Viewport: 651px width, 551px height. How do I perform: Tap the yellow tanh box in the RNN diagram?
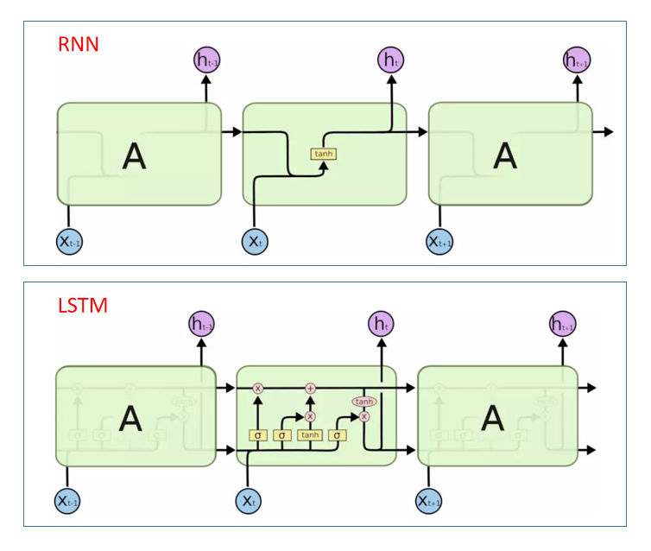pos(324,154)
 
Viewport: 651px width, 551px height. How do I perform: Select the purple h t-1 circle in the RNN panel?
pos(206,60)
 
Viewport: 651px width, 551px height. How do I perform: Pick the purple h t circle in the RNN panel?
pos(391,60)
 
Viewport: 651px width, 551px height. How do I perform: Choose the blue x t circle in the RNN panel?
pos(255,242)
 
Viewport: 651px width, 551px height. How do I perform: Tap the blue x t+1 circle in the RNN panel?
pos(440,242)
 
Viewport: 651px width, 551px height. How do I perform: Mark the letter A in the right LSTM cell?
pos(492,419)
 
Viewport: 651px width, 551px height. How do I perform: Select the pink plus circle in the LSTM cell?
pos(311,389)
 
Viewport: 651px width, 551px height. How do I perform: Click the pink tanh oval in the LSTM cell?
pos(363,402)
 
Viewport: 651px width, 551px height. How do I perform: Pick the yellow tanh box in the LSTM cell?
pos(310,435)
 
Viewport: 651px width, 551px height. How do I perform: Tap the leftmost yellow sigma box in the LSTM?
pos(256,435)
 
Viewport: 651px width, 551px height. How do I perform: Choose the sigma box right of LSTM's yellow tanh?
pos(338,435)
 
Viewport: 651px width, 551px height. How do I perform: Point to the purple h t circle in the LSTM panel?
pos(380,325)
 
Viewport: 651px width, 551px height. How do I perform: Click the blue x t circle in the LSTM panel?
pos(249,501)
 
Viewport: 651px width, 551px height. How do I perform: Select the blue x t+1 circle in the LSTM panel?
pos(429,501)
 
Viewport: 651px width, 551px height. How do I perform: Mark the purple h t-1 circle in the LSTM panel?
pos(201,325)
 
